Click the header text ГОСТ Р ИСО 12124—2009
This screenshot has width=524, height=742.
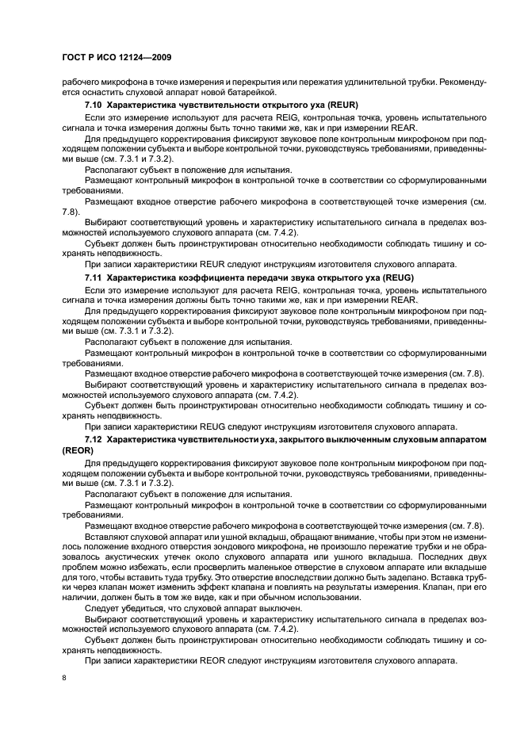[x=109, y=59]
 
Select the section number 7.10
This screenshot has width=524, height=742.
[x=94, y=105]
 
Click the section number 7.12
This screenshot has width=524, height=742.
[x=94, y=438]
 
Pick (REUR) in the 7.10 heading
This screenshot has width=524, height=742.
[x=337, y=105]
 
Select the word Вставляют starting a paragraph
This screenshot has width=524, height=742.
[x=107, y=536]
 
